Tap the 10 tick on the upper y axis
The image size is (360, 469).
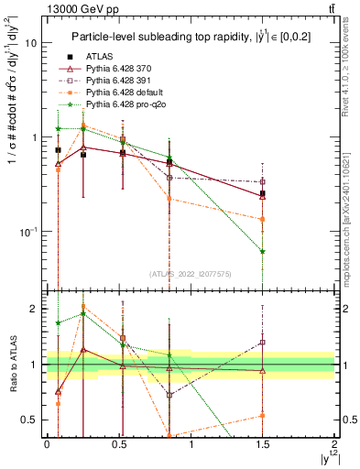(31, 43)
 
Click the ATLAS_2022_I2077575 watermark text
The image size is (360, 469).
(190, 273)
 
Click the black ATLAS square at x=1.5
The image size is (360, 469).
(263, 193)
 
